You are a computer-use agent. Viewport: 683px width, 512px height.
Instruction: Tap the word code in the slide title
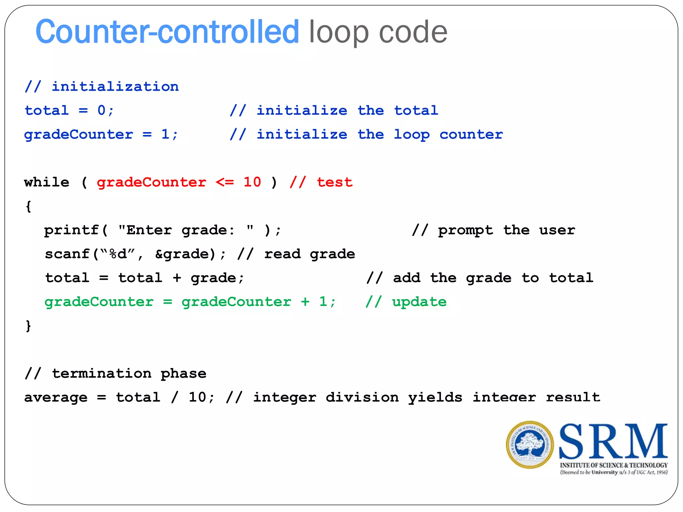pyautogui.click(x=413, y=32)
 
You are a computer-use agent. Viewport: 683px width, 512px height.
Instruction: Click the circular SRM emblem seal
pyautogui.click(x=530, y=445)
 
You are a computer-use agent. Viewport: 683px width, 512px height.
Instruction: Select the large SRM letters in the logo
pyautogui.click(x=613, y=441)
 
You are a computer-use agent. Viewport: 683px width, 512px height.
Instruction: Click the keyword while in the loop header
pyautogui.click(x=47, y=182)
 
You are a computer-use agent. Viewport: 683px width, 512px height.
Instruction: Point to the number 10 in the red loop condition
pyautogui.click(x=252, y=182)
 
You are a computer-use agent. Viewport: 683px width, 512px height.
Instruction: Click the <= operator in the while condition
pyautogui.click(x=225, y=182)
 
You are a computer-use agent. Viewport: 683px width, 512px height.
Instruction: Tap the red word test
pyautogui.click(x=334, y=182)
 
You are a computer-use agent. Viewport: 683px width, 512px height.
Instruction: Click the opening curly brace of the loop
pyautogui.click(x=29, y=206)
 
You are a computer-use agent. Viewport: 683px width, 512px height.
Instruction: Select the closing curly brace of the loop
pyautogui.click(x=29, y=326)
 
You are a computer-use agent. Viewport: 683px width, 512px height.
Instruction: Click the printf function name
pyautogui.click(x=71, y=230)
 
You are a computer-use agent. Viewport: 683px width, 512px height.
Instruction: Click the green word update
pyautogui.click(x=419, y=302)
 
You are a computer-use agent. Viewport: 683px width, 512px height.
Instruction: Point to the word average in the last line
pyautogui.click(x=56, y=398)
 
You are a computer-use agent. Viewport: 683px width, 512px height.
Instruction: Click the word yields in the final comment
pyautogui.click(x=435, y=398)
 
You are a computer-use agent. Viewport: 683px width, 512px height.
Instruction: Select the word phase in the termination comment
pyautogui.click(x=183, y=374)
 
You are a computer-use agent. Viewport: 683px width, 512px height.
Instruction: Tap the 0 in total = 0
pyautogui.click(x=101, y=110)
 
